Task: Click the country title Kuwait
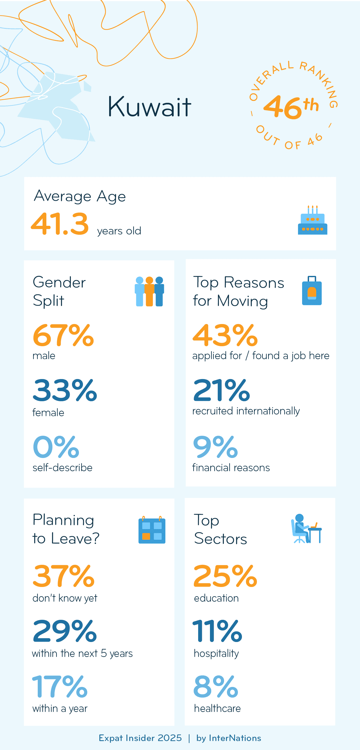(149, 107)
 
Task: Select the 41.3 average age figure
(60, 224)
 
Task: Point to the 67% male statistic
(63, 336)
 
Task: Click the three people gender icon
(149, 291)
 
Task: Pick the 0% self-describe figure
(56, 447)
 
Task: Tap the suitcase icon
(312, 291)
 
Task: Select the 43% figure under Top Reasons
(225, 336)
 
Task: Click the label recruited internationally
(246, 411)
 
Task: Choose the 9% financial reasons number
(215, 447)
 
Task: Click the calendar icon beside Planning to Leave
(151, 530)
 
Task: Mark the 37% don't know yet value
(63, 576)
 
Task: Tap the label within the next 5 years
(82, 654)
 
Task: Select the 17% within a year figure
(60, 687)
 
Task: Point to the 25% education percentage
(225, 576)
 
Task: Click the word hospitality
(216, 654)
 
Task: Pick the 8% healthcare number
(216, 687)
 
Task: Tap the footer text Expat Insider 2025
(140, 738)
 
